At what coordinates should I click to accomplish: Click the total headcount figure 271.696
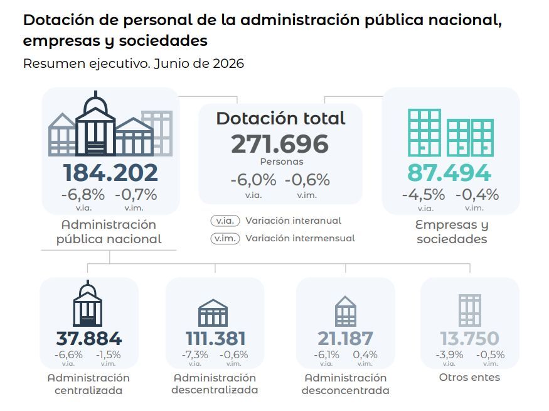point(280,144)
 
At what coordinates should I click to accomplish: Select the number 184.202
point(110,173)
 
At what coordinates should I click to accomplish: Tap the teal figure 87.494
point(449,173)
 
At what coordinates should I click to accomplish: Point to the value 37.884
point(89,338)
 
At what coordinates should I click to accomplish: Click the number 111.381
point(215,338)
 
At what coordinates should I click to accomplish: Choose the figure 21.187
point(345,338)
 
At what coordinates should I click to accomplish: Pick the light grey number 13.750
point(469,338)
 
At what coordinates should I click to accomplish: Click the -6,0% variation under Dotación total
point(253,180)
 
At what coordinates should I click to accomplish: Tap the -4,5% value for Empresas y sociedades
point(424,195)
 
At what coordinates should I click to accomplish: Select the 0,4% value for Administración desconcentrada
point(365,355)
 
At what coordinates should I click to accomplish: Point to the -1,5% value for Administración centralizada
point(108,355)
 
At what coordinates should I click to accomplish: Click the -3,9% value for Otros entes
point(449,355)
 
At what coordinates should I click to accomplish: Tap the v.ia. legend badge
point(225,221)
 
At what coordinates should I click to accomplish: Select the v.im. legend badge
point(225,238)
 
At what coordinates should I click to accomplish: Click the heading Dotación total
point(281,119)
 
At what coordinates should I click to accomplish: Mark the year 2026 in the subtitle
point(228,64)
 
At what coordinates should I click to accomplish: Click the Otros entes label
point(469,378)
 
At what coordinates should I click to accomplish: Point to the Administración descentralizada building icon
point(213,313)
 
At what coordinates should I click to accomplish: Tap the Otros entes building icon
point(470,310)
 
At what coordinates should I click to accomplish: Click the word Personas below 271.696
point(282,162)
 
